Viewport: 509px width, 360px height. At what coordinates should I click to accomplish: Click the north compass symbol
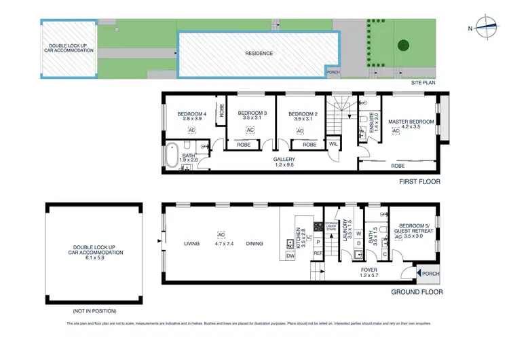point(487,28)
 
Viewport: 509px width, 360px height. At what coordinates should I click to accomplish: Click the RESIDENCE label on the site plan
point(259,54)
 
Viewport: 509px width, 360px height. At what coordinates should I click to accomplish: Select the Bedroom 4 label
point(191,113)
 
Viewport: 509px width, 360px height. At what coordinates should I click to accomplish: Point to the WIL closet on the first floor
point(333,144)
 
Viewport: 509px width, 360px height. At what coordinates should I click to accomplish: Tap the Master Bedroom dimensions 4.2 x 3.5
point(411,127)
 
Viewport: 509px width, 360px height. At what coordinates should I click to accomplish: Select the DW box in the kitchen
point(290,256)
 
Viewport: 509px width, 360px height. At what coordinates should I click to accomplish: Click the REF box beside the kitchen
point(317,253)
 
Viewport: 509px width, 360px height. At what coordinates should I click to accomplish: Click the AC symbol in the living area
point(220,231)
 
